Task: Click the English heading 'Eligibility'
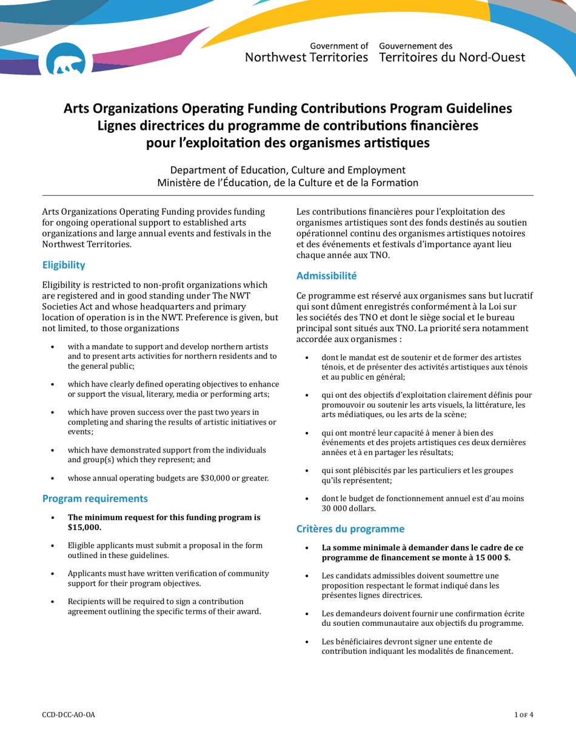click(63, 265)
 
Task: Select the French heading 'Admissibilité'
click(326, 275)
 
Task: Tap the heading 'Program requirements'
click(95, 499)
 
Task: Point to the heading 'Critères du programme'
click(349, 529)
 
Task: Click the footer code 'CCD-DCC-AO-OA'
click(69, 714)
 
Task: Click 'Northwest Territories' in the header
click(306, 58)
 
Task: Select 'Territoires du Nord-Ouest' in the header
click(452, 58)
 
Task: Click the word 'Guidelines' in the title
click(477, 109)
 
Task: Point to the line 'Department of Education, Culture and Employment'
click(287, 170)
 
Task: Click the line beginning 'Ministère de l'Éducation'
click(287, 182)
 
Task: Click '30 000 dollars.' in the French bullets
click(349, 508)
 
